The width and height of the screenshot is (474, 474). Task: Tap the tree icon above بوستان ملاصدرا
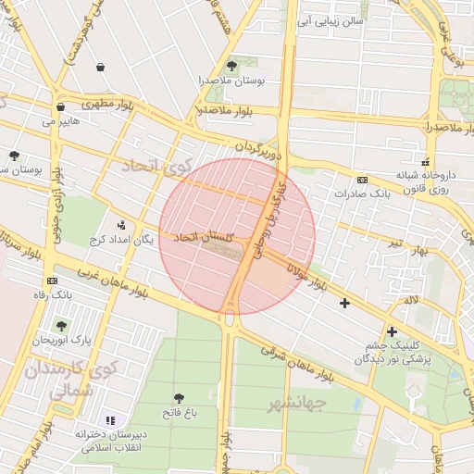coord(231,66)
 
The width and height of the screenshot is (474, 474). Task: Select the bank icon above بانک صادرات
coord(362,180)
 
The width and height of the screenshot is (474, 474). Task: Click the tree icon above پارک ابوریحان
coord(61,325)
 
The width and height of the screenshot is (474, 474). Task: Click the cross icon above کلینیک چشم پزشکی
coord(393,331)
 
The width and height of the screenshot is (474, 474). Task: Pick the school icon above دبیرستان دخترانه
coord(112,420)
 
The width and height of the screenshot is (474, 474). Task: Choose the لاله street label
coord(411,300)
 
